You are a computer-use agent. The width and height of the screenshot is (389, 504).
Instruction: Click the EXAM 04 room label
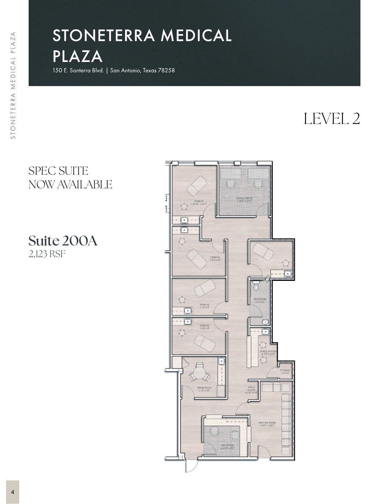(x=199, y=202)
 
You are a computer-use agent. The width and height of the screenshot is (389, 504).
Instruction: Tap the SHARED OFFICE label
(x=244, y=200)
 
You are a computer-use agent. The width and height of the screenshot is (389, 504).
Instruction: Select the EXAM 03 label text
(x=215, y=258)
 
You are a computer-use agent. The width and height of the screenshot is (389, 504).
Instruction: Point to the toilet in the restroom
(x=256, y=287)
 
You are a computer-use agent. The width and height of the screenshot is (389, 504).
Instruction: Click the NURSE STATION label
(x=268, y=353)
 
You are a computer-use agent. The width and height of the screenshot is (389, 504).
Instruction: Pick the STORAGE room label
(x=285, y=371)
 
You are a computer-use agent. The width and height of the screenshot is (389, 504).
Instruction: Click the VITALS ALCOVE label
(x=251, y=390)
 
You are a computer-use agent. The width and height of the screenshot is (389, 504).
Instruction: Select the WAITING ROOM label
(x=267, y=424)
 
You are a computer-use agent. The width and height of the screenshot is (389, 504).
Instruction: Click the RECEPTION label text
(x=227, y=447)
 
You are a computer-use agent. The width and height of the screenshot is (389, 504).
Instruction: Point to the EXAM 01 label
(x=204, y=327)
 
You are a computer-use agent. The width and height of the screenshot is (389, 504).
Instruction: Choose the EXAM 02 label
(x=204, y=306)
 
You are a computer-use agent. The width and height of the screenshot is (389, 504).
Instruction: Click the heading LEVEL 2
(x=332, y=118)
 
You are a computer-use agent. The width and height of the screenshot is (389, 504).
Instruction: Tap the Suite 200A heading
(x=63, y=241)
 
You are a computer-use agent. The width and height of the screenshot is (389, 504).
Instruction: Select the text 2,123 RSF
(x=47, y=254)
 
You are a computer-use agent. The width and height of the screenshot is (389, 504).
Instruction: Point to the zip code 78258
(x=166, y=70)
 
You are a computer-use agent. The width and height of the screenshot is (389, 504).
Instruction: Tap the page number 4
(x=13, y=492)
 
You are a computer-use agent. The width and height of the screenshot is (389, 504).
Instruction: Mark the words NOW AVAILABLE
(x=70, y=184)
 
